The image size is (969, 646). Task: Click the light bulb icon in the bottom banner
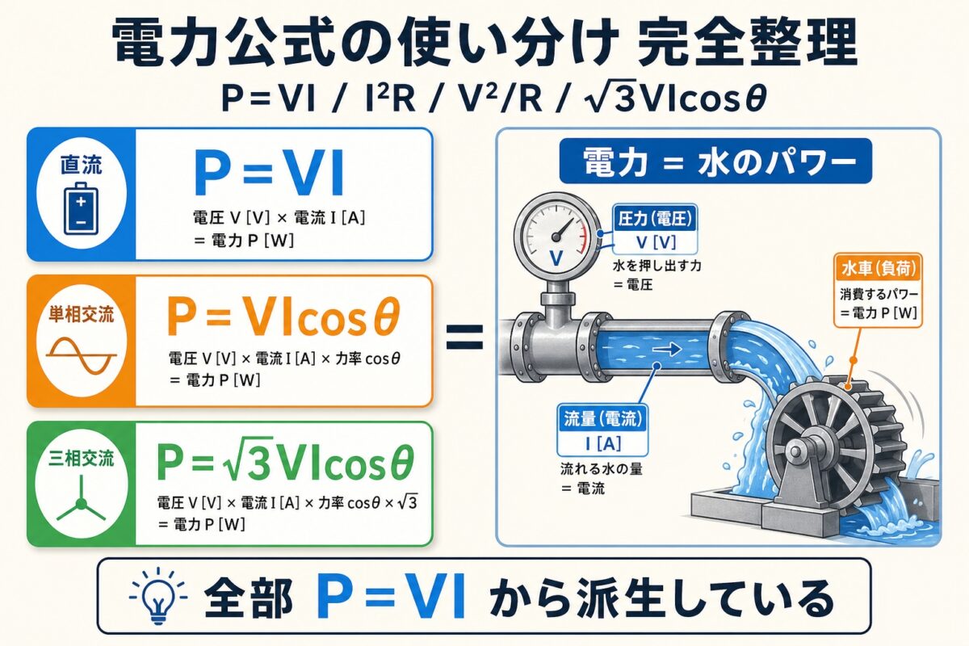pos(153,598)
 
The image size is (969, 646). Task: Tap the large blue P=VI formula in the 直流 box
pos(270,173)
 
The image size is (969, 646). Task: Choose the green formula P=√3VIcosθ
pos(285,464)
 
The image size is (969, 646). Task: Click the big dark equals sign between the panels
pos(464,336)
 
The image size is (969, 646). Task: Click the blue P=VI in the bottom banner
pos(392,598)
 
